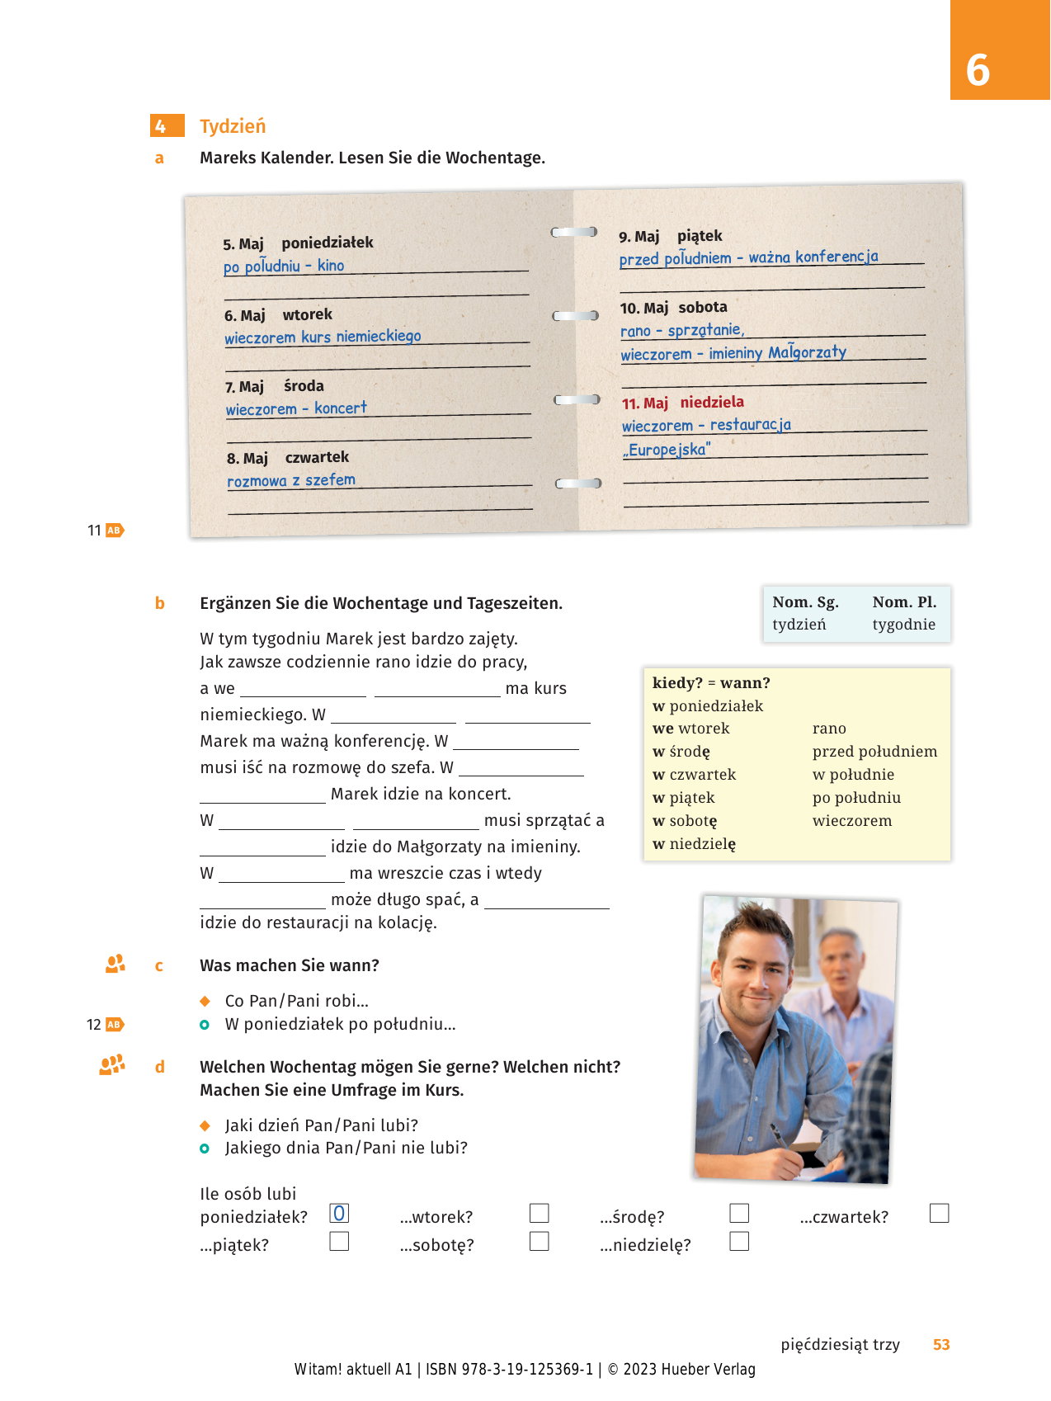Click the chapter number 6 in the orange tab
coord(978,70)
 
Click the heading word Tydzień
coord(233,126)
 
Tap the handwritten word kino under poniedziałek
coord(331,266)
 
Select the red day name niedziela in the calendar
coord(712,402)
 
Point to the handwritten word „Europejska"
coord(667,450)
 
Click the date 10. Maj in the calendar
coord(643,308)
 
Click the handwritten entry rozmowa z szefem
coord(291,480)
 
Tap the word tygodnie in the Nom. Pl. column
coord(903,625)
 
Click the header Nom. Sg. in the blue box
coord(805,602)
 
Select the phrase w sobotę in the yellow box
coord(685,821)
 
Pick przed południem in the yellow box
coord(874,752)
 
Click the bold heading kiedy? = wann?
coord(711,683)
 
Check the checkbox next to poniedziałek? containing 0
coord(339,1214)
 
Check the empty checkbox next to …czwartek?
coord(939,1213)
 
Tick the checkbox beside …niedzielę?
coord(739,1241)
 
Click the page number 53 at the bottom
coord(941,1345)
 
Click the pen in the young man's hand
coord(779,1135)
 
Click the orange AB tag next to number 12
coord(115,1025)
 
